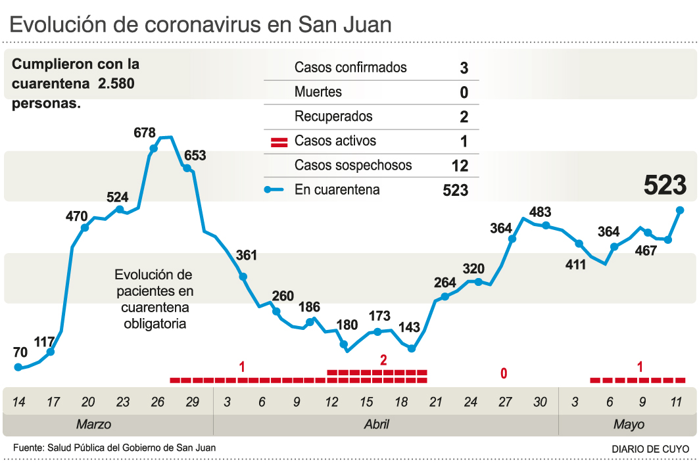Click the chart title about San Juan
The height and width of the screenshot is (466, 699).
pyautogui.click(x=201, y=24)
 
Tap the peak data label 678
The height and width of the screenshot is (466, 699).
pyautogui.click(x=144, y=133)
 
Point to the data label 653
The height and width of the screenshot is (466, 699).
pyautogui.click(x=195, y=156)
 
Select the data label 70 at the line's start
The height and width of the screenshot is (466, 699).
pyautogui.click(x=20, y=352)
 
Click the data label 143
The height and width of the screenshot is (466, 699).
pyautogui.click(x=410, y=328)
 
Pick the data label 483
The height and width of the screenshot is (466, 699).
pyautogui.click(x=540, y=212)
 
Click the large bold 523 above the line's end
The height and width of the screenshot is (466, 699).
pyautogui.click(x=665, y=186)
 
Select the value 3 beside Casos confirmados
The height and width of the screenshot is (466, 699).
pyautogui.click(x=464, y=68)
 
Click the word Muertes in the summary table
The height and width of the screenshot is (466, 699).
pyautogui.click(x=318, y=92)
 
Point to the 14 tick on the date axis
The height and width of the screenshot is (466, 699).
pyautogui.click(x=18, y=402)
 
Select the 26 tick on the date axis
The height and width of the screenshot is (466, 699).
pyautogui.click(x=158, y=402)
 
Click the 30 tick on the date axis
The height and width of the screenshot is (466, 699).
pyautogui.click(x=540, y=402)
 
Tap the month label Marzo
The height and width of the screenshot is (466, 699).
pyautogui.click(x=93, y=425)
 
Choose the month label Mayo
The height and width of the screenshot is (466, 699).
pyautogui.click(x=629, y=425)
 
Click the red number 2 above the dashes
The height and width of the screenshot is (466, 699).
pyautogui.click(x=383, y=360)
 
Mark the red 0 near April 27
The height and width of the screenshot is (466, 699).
pyautogui.click(x=504, y=374)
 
